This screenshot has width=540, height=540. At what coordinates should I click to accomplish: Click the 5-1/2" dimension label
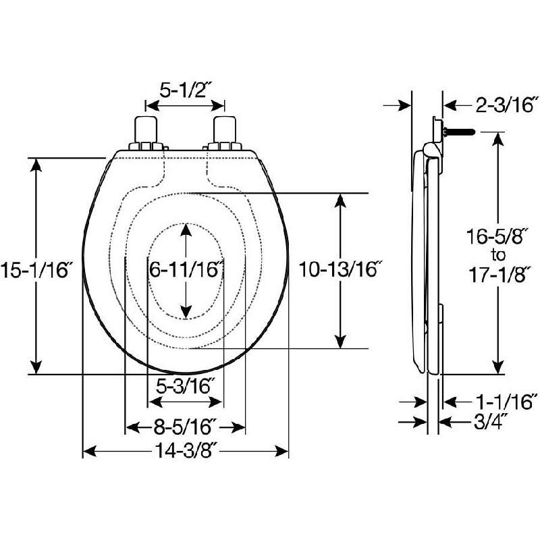(x=185, y=90)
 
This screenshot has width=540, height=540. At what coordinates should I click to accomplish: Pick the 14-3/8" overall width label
(x=186, y=451)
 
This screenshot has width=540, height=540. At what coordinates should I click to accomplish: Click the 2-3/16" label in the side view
(x=506, y=105)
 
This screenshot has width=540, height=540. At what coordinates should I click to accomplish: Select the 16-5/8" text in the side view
(x=497, y=237)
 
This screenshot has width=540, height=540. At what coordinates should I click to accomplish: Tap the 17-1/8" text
(x=497, y=275)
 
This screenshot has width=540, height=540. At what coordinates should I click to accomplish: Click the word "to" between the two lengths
(x=498, y=256)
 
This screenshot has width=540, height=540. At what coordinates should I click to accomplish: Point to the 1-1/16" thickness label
(x=506, y=402)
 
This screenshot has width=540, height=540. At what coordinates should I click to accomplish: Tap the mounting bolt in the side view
(x=459, y=131)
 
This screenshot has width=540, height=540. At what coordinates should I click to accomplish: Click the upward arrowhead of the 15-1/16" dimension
(x=36, y=165)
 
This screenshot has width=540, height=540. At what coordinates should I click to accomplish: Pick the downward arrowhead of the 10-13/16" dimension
(x=340, y=342)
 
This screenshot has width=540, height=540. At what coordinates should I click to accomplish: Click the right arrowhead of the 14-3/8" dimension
(x=281, y=451)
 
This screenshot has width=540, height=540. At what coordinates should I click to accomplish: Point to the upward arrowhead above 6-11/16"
(x=186, y=230)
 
